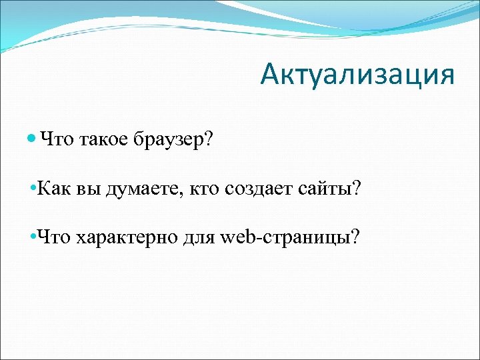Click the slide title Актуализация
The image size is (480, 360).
click(x=357, y=75)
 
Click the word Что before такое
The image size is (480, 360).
click(x=58, y=140)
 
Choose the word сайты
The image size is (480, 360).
click(x=326, y=189)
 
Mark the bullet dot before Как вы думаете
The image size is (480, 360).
click(x=34, y=189)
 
